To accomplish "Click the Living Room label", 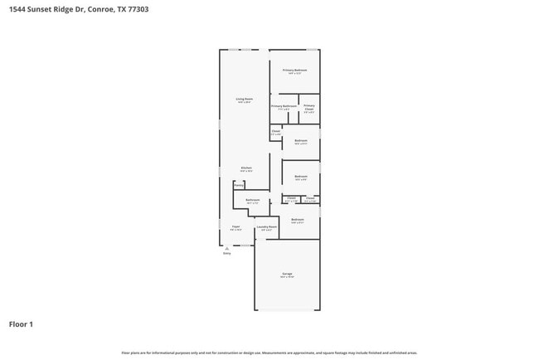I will pyautogui.click(x=243, y=100).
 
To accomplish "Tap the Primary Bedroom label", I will pyautogui.click(x=294, y=71).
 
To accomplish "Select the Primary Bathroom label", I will pyautogui.click(x=284, y=107).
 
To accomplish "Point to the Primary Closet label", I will pyautogui.click(x=308, y=108).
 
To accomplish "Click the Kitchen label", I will pyautogui.click(x=246, y=168).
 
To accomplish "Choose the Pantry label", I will pyautogui.click(x=238, y=185).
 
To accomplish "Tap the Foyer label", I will pyautogui.click(x=236, y=227).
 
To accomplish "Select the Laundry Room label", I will pyautogui.click(x=266, y=228).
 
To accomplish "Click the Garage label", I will pyautogui.click(x=286, y=274).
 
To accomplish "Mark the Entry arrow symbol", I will pyautogui.click(x=226, y=247).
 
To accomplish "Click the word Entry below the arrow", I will pyautogui.click(x=226, y=254).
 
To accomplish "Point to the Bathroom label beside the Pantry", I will pyautogui.click(x=253, y=200).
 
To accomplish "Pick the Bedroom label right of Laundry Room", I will pyautogui.click(x=297, y=220).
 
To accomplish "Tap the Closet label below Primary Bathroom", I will pyautogui.click(x=275, y=131).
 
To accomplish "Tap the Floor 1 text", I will pyautogui.click(x=21, y=324).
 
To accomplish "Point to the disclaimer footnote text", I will pyautogui.click(x=269, y=353).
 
